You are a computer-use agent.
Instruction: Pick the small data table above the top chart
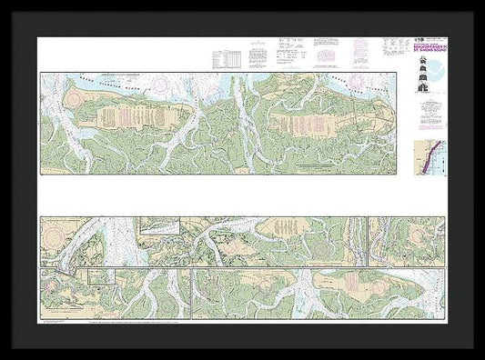click(x=228, y=59)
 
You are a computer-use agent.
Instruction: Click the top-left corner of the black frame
click(x=3, y=3)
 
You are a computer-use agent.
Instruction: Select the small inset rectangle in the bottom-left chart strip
click(x=100, y=277)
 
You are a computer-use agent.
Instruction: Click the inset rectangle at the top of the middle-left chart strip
click(x=159, y=225)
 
